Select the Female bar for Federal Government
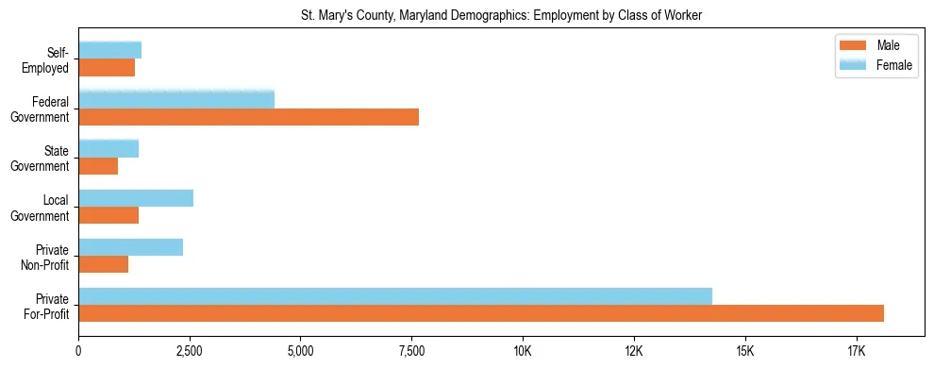point(176,99)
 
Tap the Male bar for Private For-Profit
point(481,313)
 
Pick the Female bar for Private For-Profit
point(395,295)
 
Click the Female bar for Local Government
point(136,198)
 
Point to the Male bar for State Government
point(98,166)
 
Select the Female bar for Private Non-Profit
point(131,247)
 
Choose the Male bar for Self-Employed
point(107,68)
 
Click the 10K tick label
point(523,351)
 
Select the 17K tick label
point(856,351)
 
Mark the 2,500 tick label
point(190,351)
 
